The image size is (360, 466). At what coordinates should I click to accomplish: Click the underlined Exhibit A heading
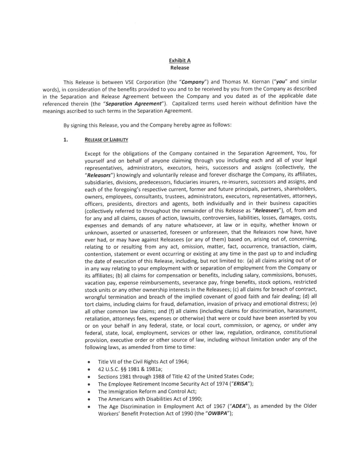180,60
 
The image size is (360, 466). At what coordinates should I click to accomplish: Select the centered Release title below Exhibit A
180,68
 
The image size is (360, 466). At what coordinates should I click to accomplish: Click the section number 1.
66,139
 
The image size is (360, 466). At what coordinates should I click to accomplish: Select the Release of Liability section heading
106,139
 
